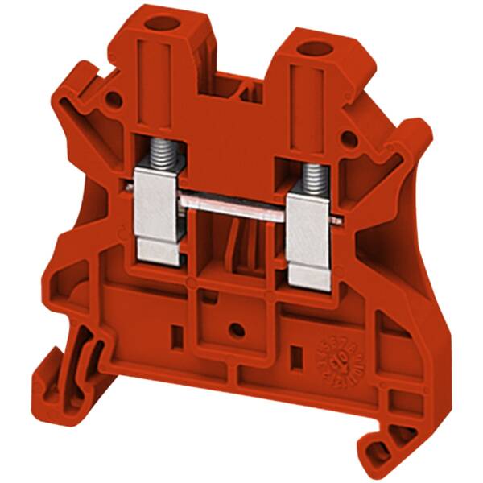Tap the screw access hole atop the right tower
[310, 51]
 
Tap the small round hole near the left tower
[114, 101]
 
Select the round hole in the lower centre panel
[234, 329]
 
